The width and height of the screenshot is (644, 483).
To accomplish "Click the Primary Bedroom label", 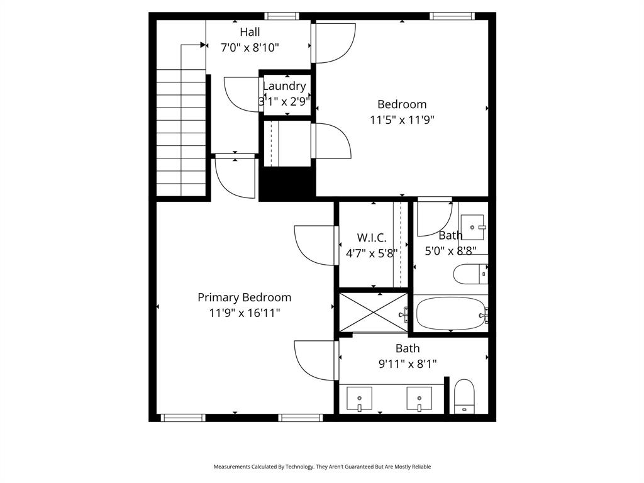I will pos(244,297).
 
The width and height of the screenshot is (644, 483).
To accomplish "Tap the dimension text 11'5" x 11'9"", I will pos(402,119).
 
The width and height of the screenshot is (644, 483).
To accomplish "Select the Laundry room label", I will pos(284,86).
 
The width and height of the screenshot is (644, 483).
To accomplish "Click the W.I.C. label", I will pos(372,238).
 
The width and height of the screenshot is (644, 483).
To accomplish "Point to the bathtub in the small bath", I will pos(450,313).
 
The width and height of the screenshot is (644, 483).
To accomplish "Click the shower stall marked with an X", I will pos(373,312).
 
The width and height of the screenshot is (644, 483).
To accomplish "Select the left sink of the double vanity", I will pos(359,399).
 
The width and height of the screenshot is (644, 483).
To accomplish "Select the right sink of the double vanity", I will pos(419,399).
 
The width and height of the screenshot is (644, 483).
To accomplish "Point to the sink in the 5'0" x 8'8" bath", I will pos(472,226).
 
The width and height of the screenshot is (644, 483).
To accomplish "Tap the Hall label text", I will pos(250,31).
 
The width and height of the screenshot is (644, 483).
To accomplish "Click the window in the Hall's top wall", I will pos(281,16).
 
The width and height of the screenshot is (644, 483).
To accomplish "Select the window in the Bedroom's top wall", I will pos(452,16).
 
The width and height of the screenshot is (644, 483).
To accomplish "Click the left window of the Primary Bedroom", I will pos(183,418).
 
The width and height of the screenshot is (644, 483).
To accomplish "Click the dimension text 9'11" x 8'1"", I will pos(408,363).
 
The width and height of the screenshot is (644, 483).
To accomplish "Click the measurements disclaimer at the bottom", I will pos(322,467).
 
